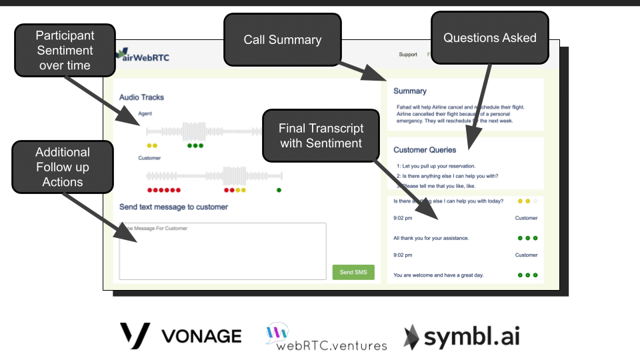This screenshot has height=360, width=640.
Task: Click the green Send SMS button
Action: tap(353, 272)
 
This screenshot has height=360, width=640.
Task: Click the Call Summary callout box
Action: tap(282, 40)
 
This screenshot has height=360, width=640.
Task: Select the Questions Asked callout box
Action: tap(489, 38)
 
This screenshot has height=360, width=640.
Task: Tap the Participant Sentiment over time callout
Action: tap(65, 50)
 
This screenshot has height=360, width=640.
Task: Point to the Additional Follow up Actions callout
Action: tap(62, 167)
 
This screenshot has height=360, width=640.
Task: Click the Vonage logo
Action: tap(181, 335)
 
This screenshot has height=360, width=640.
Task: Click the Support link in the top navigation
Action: tap(408, 55)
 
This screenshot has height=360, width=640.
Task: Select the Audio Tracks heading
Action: tap(141, 97)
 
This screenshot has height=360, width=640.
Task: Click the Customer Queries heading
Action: tap(425, 150)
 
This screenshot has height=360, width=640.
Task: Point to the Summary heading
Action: tap(410, 91)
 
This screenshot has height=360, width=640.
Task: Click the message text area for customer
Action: tap(222, 251)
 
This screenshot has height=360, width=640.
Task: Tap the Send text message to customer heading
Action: tap(173, 207)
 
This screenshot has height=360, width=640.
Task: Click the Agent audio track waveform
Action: tap(200, 131)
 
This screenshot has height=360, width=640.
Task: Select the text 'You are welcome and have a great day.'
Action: tap(438, 275)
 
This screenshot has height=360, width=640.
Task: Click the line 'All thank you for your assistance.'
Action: tap(431, 238)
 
